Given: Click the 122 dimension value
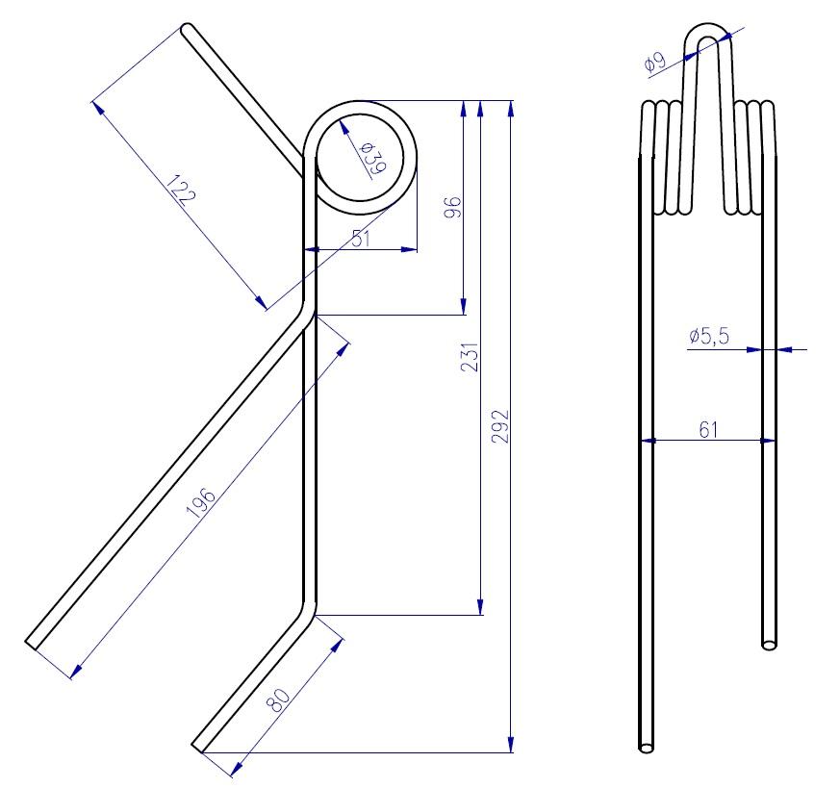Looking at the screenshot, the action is tap(182, 191).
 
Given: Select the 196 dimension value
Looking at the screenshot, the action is tap(201, 503).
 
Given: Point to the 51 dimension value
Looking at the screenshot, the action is tap(362, 239).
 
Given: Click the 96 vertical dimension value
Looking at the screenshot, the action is tap(452, 207).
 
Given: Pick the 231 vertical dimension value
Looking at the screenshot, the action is tap(470, 357).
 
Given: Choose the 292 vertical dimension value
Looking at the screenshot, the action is tap(499, 426).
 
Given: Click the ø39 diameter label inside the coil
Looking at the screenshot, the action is tap(373, 159).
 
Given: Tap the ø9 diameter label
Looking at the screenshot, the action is tap(654, 63).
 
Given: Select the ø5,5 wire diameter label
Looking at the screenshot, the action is tap(709, 336).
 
